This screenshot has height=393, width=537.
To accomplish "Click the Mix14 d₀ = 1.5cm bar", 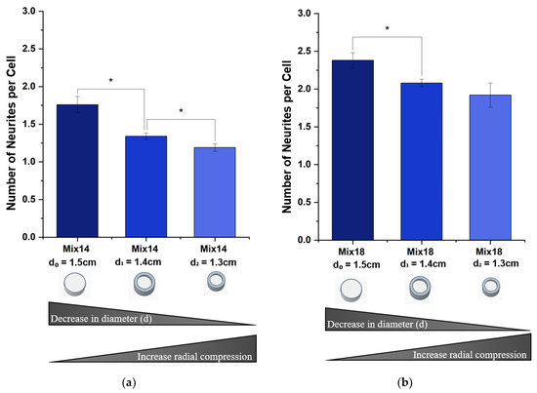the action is click(x=77, y=171).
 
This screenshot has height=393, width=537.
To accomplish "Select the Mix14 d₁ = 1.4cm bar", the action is click(x=146, y=186).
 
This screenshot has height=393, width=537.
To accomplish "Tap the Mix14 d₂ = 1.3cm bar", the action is click(x=215, y=192).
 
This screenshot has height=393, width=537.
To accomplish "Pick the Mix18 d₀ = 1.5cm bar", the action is click(x=353, y=150).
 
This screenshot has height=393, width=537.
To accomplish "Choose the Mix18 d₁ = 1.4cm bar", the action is click(x=422, y=162).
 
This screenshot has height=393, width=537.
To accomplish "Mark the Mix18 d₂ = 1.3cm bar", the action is click(x=490, y=168).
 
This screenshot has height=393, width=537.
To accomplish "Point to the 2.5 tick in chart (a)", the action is click(x=41, y=49).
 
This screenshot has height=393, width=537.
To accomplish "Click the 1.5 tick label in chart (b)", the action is click(x=304, y=127).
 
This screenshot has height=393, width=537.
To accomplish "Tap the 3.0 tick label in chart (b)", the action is click(x=304, y=14).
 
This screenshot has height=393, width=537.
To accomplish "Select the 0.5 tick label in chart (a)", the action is click(x=28, y=199).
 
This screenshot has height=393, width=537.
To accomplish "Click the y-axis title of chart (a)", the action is click(x=12, y=133).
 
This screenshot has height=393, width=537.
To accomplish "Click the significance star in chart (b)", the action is click(x=388, y=28).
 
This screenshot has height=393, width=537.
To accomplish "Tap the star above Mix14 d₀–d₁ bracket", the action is click(x=111, y=80).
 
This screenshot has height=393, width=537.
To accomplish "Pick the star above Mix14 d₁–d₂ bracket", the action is click(x=181, y=111).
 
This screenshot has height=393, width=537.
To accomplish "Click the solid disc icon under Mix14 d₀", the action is click(x=75, y=284).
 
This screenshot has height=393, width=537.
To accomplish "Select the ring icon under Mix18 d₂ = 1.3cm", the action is click(x=491, y=287).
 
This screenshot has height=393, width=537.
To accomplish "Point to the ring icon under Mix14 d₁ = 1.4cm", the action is click(x=145, y=284).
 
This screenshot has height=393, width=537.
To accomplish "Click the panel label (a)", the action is click(x=129, y=382).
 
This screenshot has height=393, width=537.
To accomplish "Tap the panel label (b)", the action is click(x=405, y=382).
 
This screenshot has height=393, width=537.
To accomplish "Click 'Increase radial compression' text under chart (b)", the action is click(x=470, y=355).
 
